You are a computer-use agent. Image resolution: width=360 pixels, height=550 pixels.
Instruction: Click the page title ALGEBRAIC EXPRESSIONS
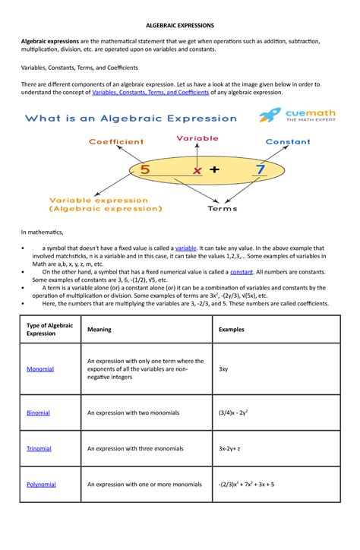[179, 25]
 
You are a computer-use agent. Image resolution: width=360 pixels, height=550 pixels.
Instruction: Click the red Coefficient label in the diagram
[115, 141]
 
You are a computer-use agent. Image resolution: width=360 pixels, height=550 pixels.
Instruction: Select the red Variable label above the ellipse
[197, 138]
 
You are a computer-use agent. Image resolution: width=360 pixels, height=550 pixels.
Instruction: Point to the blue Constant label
[287, 141]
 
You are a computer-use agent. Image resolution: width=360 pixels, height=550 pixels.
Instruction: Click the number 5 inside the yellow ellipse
[144, 169]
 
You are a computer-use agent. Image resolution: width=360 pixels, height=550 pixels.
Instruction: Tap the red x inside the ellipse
[197, 171]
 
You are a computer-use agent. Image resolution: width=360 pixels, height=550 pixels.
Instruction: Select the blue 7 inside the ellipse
[261, 169]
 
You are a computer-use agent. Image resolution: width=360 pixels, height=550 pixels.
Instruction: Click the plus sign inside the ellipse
[215, 170]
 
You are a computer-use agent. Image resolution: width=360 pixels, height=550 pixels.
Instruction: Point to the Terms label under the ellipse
[222, 208]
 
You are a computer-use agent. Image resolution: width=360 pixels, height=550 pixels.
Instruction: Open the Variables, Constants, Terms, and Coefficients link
[150, 92]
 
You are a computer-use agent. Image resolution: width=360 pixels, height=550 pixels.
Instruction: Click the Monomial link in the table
[40, 368]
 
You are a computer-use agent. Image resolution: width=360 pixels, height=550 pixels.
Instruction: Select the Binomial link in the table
[38, 412]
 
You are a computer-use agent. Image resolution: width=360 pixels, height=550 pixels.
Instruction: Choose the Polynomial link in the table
[41, 484]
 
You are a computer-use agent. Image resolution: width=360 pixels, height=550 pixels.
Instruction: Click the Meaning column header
[100, 330]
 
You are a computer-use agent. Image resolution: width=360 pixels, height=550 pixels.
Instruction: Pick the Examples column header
[232, 330]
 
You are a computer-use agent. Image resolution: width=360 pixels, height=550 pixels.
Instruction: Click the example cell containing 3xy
[223, 368]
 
